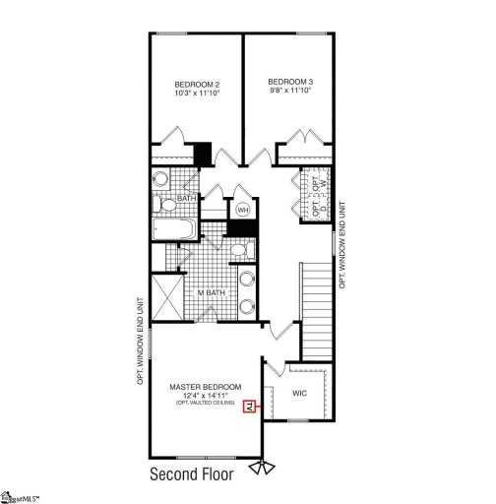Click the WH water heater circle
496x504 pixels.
pyautogui.click(x=242, y=210)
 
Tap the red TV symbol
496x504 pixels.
pyautogui.click(x=250, y=405)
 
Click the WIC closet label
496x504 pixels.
pyautogui.click(x=300, y=393)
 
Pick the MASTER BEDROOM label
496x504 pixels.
pyautogui.click(x=200, y=387)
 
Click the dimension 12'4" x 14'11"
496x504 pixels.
pyautogui.click(x=200, y=396)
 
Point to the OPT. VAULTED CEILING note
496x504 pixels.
pyautogui.click(x=205, y=405)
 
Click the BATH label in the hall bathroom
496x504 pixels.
pyautogui.click(x=187, y=199)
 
